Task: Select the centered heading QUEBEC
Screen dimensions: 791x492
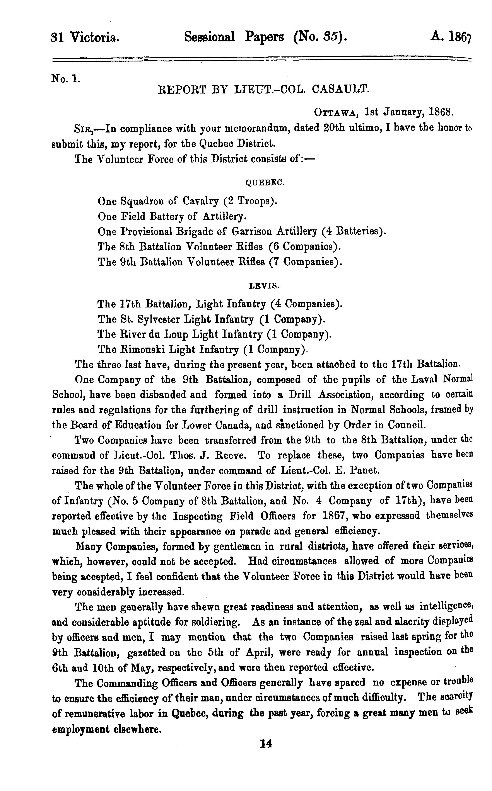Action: pyautogui.click(x=265, y=183)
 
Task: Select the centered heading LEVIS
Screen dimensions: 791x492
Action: pyautogui.click(x=264, y=286)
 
